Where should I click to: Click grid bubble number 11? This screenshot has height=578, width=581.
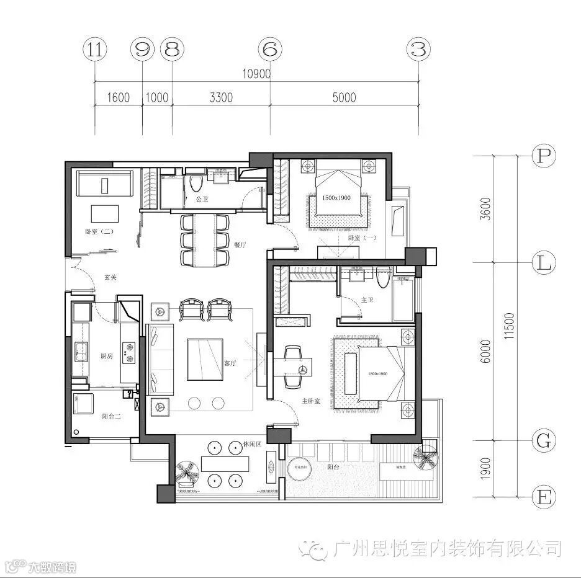tap(94, 50)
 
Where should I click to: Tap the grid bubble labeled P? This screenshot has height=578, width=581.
tap(544, 156)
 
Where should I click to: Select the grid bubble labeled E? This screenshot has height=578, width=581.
tap(544, 497)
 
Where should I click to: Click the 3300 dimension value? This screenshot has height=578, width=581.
tap(221, 97)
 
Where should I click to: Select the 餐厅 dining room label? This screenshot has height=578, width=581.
tap(240, 244)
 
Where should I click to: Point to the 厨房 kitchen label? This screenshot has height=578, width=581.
tap(106, 356)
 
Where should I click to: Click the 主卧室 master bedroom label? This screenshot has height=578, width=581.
tap(310, 401)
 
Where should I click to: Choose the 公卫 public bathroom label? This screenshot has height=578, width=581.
tap(202, 200)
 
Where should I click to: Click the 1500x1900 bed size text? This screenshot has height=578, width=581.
tap(336, 198)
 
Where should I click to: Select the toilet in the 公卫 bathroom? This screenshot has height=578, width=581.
tap(197, 183)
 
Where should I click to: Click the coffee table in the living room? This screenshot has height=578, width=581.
tap(205, 359)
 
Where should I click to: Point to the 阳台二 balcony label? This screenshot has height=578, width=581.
tap(111, 417)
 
